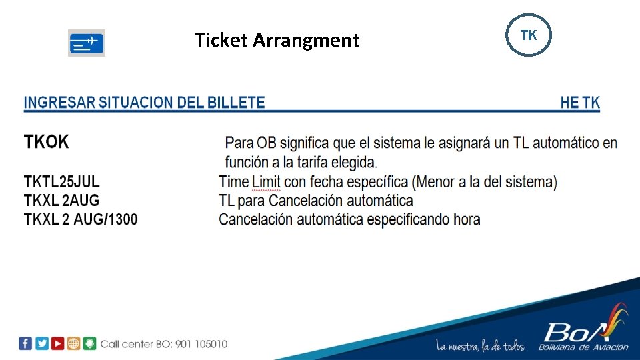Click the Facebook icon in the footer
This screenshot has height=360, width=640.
25,343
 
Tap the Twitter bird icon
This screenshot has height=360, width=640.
41,343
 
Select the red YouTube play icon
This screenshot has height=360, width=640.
58,343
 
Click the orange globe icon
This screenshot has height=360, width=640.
74,343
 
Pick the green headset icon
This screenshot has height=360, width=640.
90,343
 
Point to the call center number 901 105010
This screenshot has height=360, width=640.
201,344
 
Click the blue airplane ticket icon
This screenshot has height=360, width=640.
87,43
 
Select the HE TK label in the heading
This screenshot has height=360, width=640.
580,103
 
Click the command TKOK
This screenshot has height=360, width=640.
46,141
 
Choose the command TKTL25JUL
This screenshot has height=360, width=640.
62,181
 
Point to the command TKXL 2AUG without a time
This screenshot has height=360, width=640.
61,200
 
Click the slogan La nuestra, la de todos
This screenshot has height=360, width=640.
480,345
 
